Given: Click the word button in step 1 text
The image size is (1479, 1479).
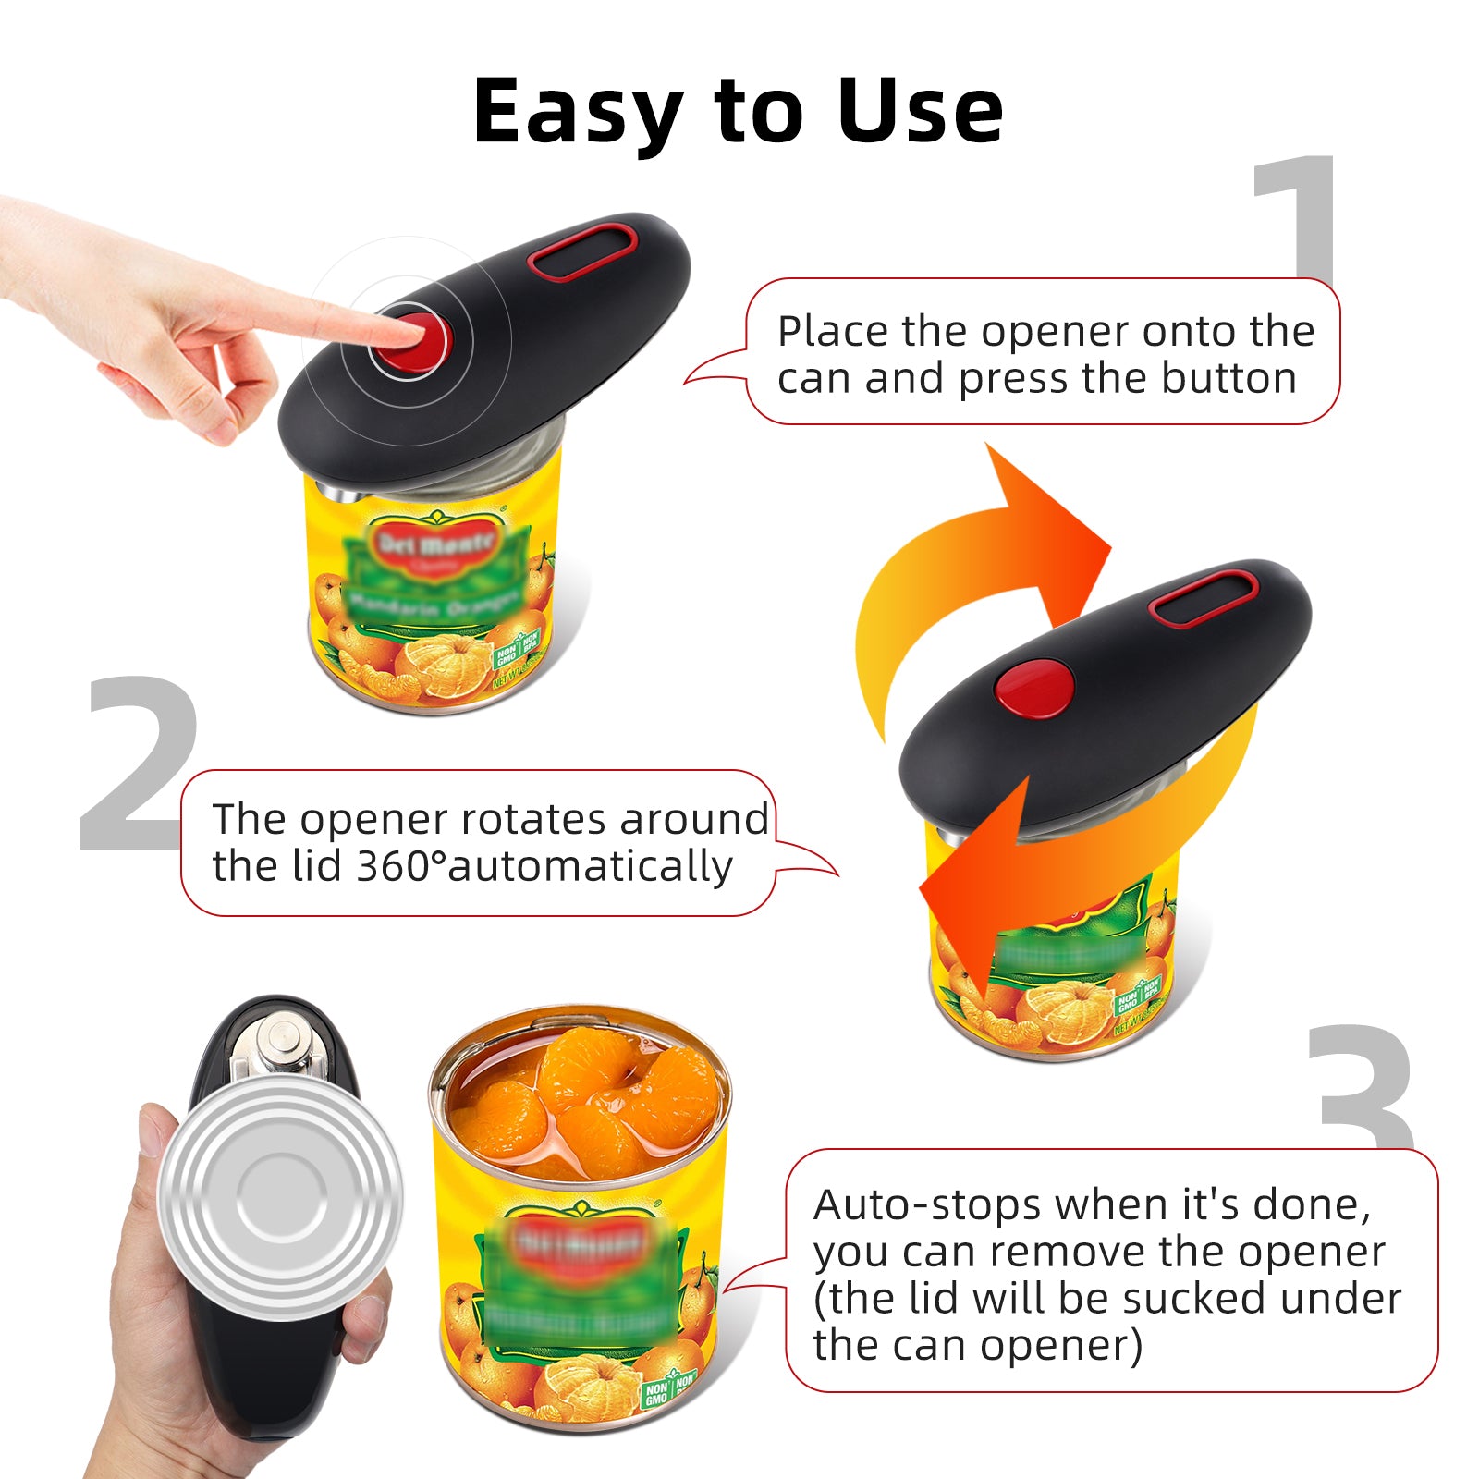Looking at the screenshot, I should pyautogui.click(x=1228, y=378).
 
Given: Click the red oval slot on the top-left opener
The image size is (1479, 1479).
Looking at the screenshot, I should pyautogui.click(x=582, y=252).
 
